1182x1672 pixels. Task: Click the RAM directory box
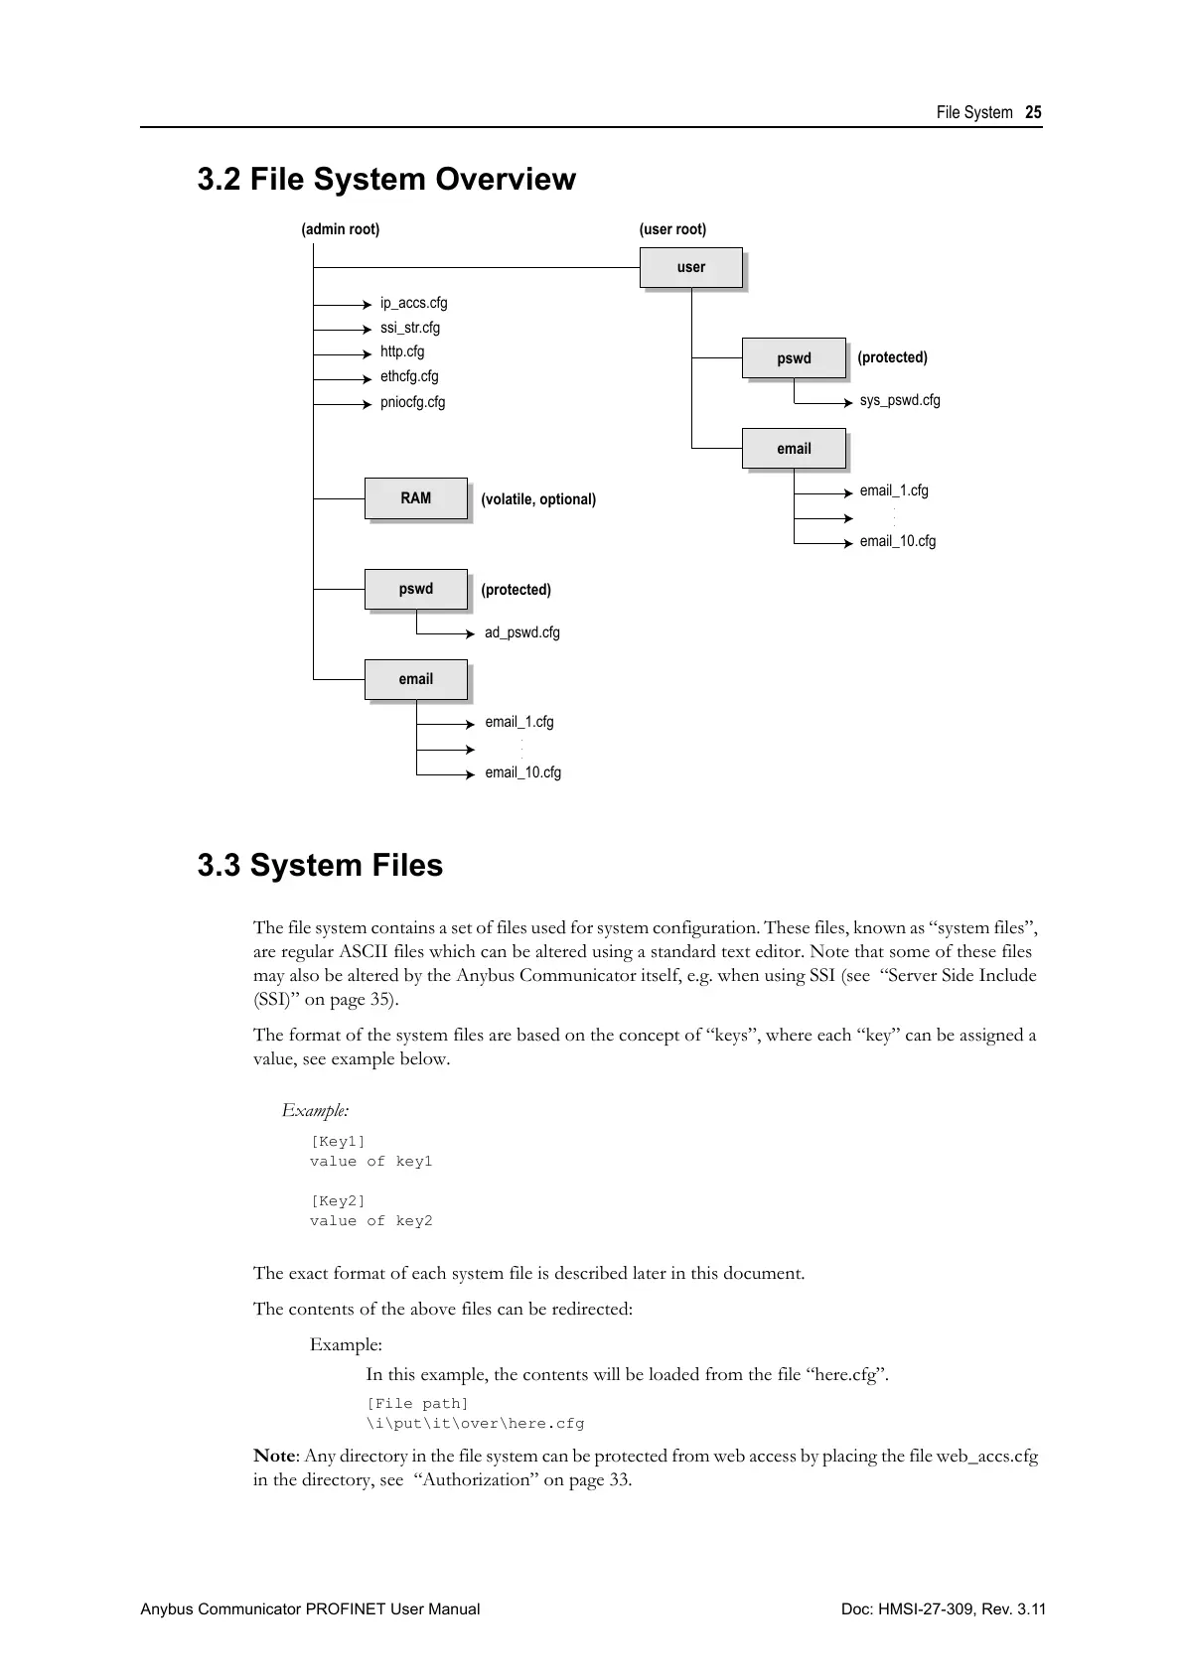[415, 498]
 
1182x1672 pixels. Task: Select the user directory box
[691, 267]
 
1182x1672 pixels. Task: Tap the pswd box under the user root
[794, 358]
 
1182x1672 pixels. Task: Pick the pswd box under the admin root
[415, 589]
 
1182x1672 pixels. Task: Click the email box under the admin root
[415, 679]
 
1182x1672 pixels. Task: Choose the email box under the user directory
[794, 449]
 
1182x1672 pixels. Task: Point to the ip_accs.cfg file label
[413, 303]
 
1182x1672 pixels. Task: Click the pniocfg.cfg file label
[412, 402]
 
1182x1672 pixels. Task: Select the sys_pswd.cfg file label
[899, 400]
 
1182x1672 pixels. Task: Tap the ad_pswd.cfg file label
[521, 632]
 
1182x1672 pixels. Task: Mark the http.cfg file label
[401, 351]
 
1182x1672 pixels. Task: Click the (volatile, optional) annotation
[538, 499]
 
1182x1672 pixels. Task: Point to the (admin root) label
[340, 229]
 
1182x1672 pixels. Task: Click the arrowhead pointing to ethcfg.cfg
[368, 378]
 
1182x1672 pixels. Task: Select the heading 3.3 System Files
[320, 866]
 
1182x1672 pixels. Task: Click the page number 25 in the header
[1033, 113]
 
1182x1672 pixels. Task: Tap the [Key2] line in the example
[338, 1201]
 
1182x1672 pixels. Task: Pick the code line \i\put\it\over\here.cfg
[475, 1424]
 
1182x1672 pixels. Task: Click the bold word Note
[274, 1457]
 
